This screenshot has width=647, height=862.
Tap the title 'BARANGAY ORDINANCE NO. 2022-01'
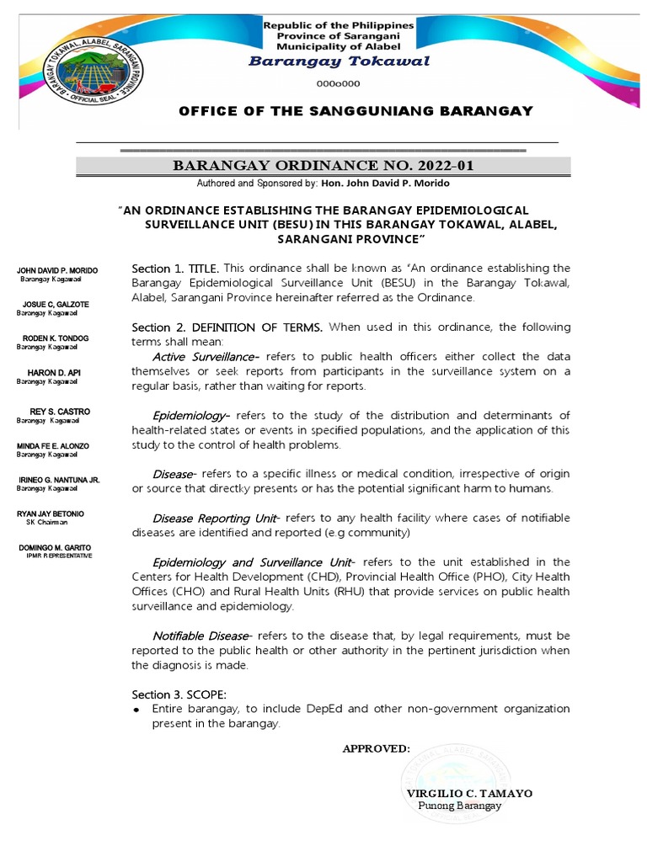click(x=323, y=166)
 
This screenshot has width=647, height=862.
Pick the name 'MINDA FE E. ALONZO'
click(x=54, y=446)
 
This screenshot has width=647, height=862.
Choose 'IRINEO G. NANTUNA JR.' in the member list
click(x=59, y=480)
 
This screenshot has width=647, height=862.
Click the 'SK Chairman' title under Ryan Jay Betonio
click(x=46, y=522)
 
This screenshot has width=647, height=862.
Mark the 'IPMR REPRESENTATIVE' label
click(x=59, y=556)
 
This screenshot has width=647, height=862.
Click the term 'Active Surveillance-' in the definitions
click(x=206, y=357)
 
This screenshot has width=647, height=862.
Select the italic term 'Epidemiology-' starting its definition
click(x=191, y=416)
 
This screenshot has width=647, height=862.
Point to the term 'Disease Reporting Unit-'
click(x=217, y=518)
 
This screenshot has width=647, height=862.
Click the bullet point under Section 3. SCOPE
click(x=137, y=710)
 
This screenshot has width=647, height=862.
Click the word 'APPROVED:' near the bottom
click(x=376, y=748)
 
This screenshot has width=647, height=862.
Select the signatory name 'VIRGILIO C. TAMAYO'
click(x=468, y=793)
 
